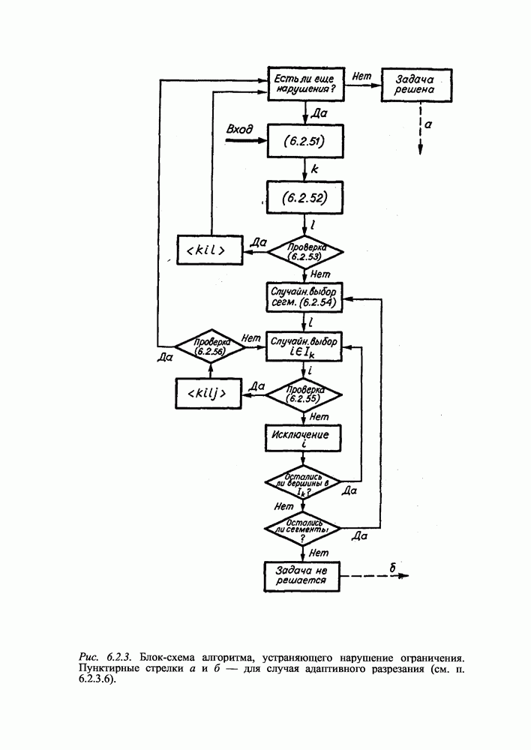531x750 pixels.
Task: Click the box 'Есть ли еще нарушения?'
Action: point(305,83)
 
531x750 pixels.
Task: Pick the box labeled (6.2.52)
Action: point(304,198)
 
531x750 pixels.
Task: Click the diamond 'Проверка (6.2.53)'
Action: point(304,251)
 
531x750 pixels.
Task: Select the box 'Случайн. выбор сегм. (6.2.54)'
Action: point(304,296)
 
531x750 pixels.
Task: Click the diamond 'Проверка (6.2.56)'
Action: point(210,346)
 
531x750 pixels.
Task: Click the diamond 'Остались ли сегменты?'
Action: point(304,528)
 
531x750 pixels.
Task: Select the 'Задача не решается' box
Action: point(304,575)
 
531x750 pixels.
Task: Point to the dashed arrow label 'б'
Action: point(392,569)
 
